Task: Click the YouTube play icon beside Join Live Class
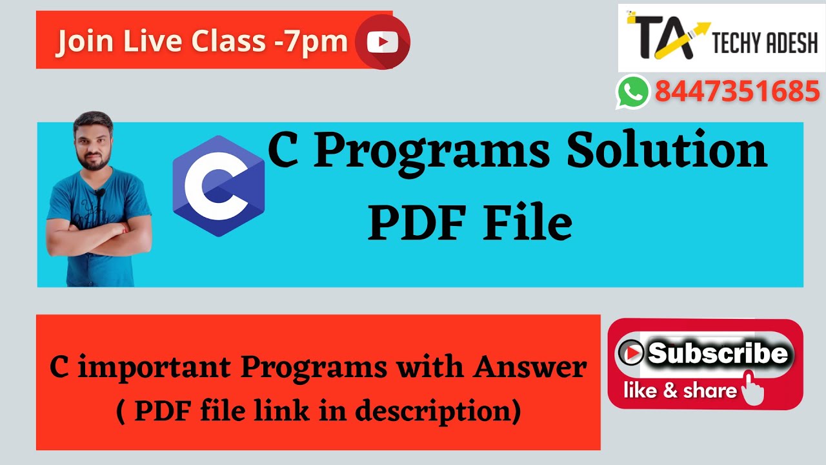[382, 43]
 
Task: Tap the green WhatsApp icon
[632, 91]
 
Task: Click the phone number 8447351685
[737, 92]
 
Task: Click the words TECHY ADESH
[765, 44]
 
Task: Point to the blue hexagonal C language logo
[218, 186]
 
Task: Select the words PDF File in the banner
[470, 222]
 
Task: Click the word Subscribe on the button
[718, 353]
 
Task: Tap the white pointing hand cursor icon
[751, 387]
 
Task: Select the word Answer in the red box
[529, 368]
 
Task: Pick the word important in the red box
[156, 368]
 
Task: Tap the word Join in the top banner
[84, 42]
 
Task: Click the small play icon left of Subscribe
[630, 353]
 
